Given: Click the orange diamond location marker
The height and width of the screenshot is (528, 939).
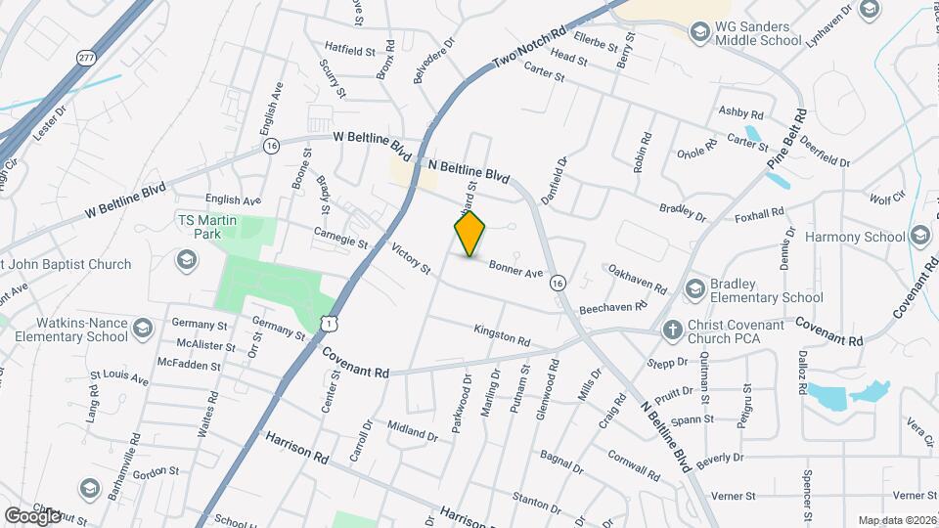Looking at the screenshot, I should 470,234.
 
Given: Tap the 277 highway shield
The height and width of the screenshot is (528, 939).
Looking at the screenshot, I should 87,58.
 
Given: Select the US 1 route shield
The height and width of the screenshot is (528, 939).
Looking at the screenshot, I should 332,321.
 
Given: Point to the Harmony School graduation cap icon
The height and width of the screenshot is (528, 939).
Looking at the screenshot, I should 919,236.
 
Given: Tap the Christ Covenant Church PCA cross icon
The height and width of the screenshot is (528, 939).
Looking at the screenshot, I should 672,330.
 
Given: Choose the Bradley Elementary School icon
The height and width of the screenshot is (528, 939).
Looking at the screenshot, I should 695,288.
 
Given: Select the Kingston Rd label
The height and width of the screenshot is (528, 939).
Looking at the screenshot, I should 502,336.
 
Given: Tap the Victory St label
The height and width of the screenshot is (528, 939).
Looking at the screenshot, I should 411,259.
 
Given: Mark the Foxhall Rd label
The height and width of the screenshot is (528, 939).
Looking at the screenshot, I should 759,212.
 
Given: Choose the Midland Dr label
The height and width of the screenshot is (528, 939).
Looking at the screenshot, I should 412,429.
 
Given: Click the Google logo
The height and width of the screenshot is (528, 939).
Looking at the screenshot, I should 32,515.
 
